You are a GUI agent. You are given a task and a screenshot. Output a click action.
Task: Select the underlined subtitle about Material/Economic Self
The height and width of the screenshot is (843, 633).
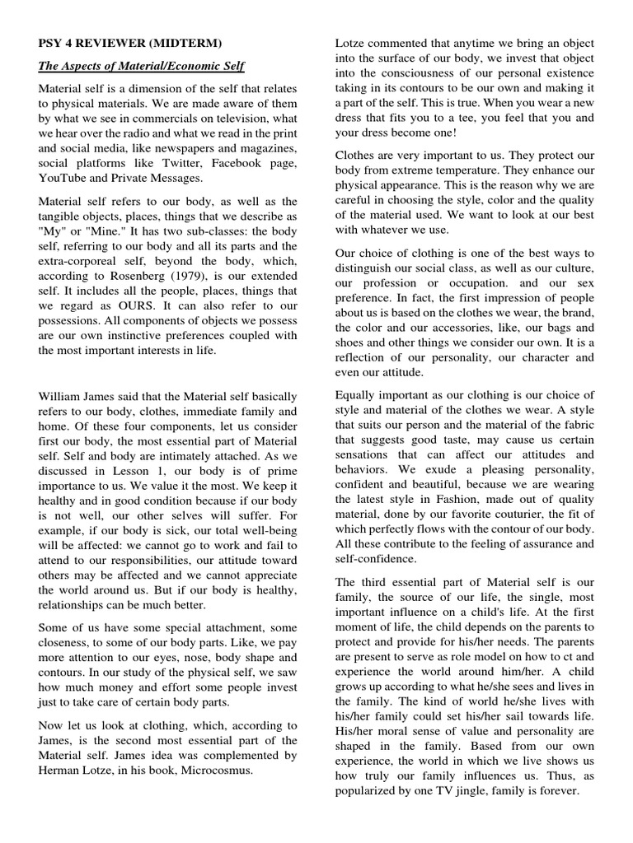click(x=141, y=67)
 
